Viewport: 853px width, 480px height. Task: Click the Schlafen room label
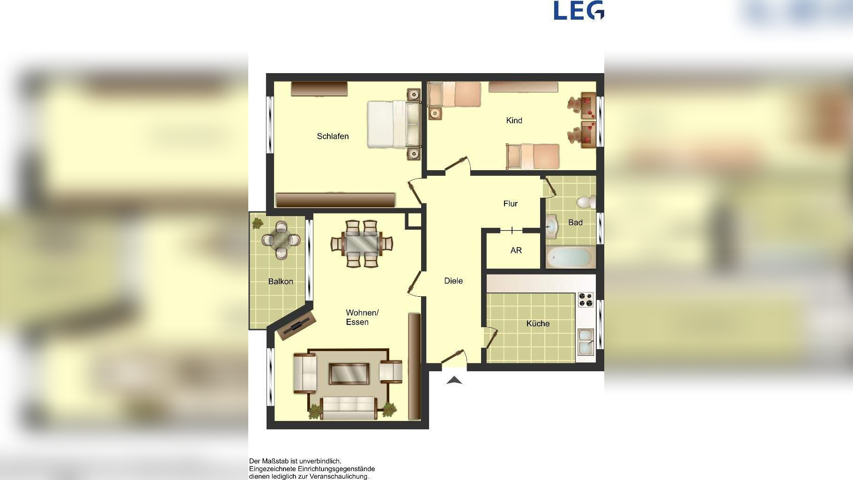333,136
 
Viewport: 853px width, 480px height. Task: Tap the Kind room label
514,120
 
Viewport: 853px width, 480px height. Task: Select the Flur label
510,203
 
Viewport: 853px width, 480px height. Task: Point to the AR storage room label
516,250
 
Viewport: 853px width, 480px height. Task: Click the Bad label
575,222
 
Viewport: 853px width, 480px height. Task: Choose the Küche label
538,323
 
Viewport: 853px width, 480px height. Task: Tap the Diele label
453,281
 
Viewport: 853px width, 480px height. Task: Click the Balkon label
281,281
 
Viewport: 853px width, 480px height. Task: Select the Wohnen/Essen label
362,317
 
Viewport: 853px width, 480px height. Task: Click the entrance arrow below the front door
454,380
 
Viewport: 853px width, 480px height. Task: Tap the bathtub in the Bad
571,257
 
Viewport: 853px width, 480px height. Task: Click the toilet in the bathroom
586,202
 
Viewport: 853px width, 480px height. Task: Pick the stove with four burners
586,299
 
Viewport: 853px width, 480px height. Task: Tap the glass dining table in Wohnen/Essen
362,243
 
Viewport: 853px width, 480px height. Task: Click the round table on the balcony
281,240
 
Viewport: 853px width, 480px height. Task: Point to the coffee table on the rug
349,374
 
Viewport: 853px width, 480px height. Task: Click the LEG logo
579,10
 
